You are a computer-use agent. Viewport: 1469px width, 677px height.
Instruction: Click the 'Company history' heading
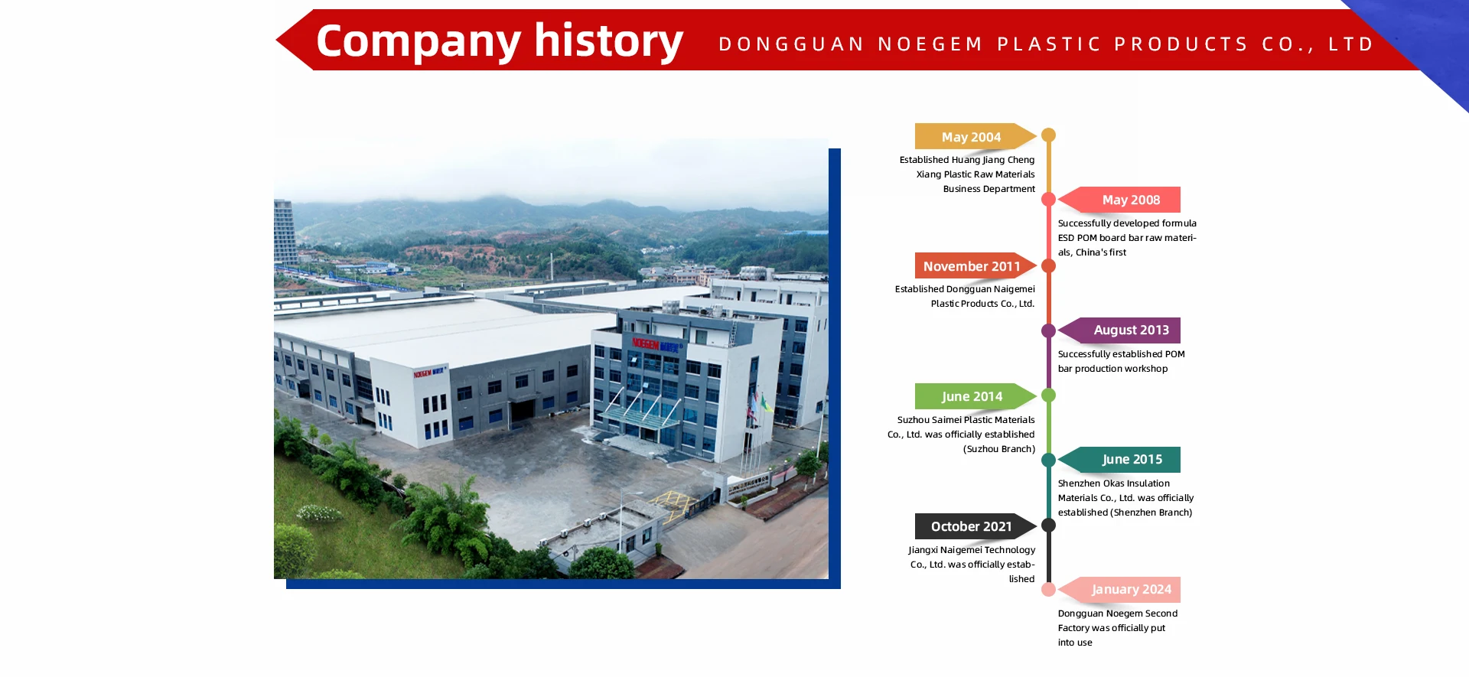point(499,41)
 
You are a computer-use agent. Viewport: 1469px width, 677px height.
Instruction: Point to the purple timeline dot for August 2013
point(1049,330)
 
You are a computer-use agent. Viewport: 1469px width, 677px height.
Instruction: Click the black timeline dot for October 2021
point(1049,526)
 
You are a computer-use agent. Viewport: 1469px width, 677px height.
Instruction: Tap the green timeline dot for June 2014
point(1049,395)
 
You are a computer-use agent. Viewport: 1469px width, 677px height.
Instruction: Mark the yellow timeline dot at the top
point(1049,135)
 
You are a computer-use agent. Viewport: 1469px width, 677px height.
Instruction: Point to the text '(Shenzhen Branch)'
point(1151,513)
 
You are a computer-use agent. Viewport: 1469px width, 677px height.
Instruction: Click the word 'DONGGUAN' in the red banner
point(791,44)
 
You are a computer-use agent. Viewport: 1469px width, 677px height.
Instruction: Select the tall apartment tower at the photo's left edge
point(285,232)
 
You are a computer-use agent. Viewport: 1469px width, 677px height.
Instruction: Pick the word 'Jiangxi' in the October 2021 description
point(923,550)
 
